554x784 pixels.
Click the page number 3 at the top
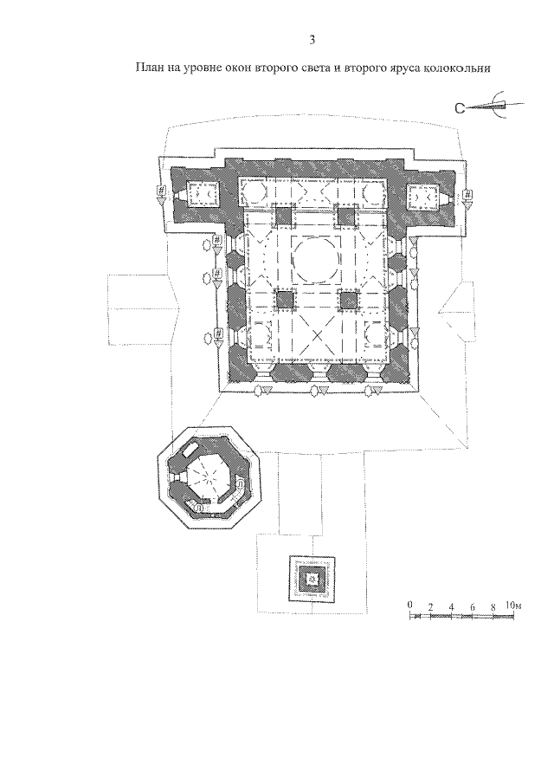coord(312,41)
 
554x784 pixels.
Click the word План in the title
coord(150,68)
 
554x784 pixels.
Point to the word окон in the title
coord(236,68)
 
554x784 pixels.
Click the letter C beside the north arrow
coord(461,107)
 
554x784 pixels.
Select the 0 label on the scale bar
coord(409,605)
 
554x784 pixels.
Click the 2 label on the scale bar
coord(430,606)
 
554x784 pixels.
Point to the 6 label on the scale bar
coord(472,606)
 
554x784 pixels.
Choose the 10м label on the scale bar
coord(513,606)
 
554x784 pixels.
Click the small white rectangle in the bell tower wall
coord(190,450)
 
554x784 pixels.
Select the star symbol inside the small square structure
coord(313,579)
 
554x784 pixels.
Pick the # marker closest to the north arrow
coord(467,193)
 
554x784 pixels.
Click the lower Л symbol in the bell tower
coord(199,507)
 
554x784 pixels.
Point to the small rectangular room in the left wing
coord(203,193)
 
